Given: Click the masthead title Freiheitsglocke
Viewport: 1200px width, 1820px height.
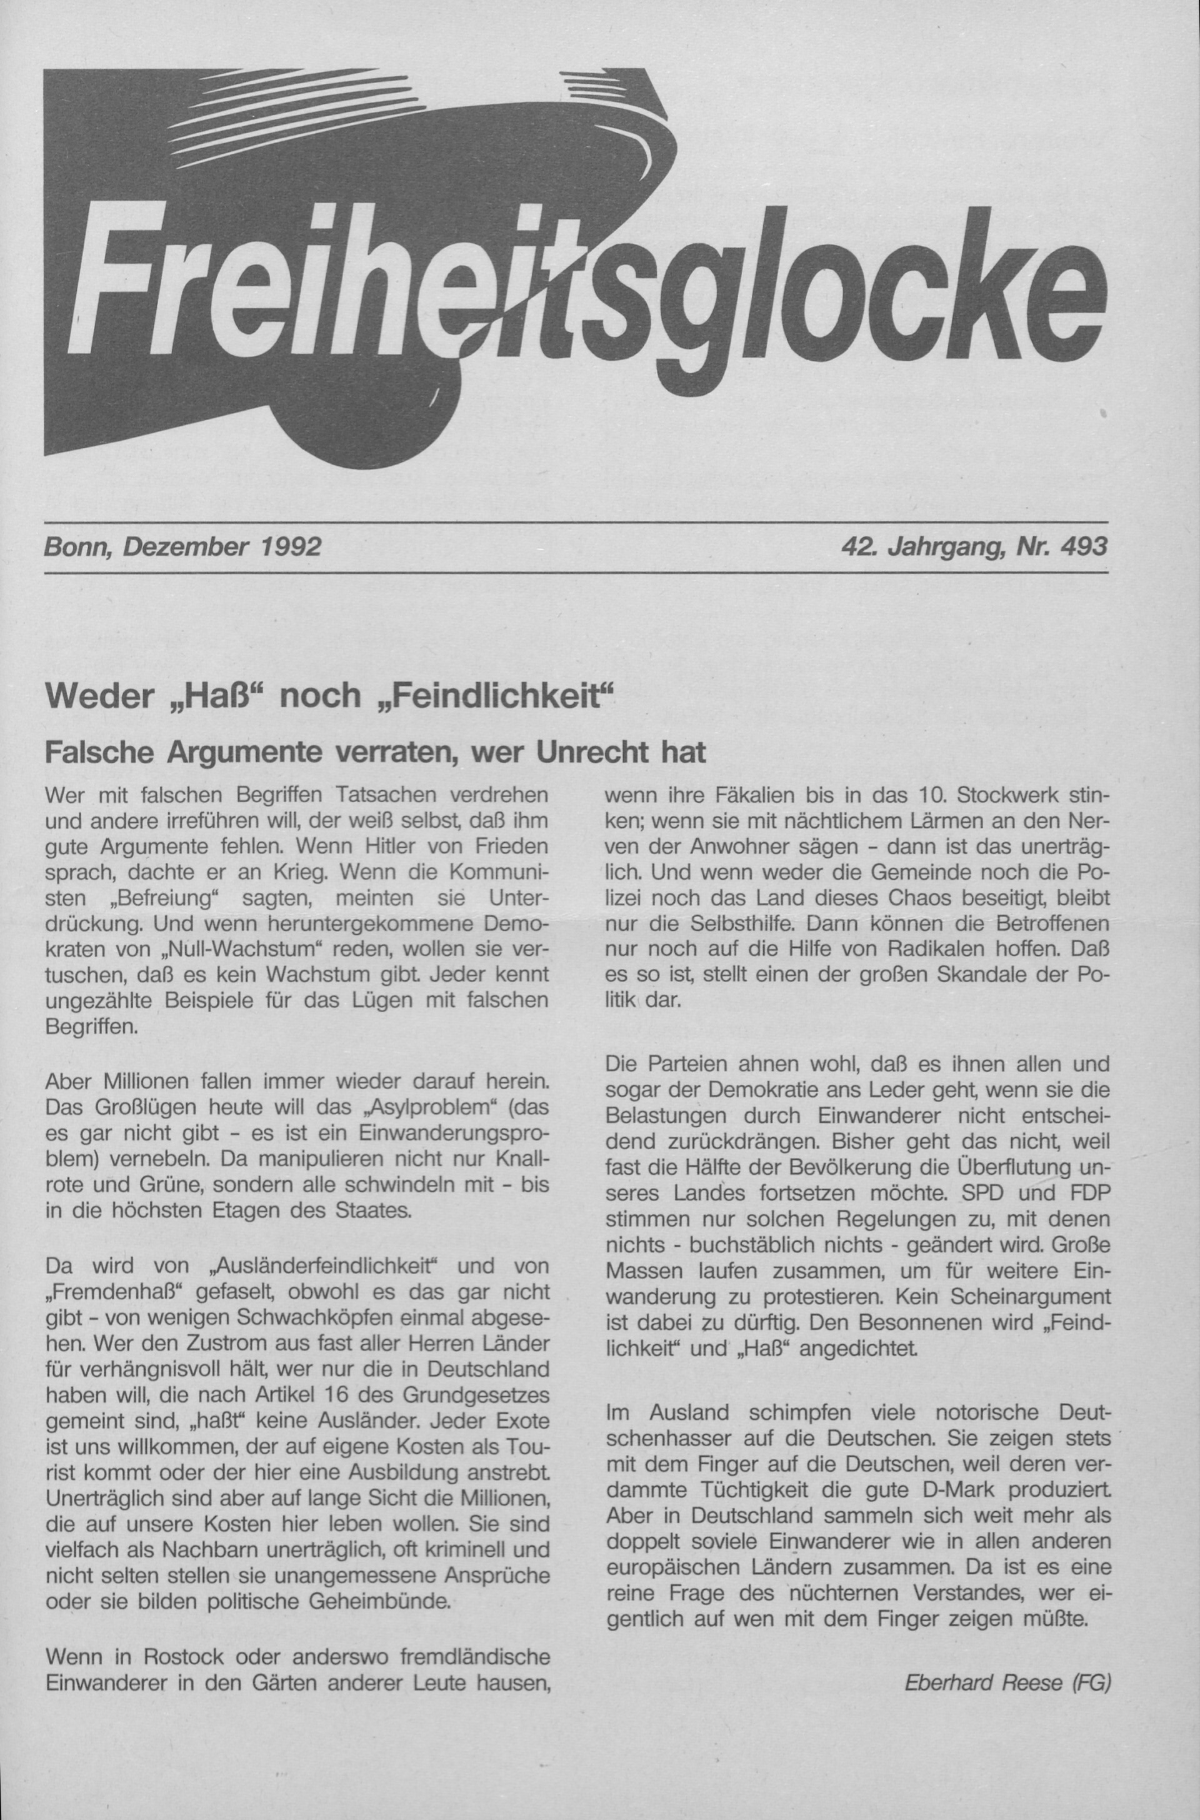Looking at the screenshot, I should click(582, 283).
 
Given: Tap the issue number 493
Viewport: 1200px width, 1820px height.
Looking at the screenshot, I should click(1084, 546).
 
